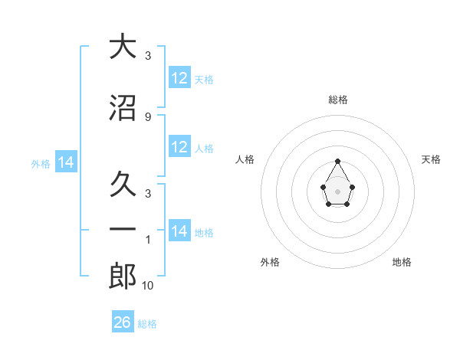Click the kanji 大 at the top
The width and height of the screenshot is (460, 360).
123,47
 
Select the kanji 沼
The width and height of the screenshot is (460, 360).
123,108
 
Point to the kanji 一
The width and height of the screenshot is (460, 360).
123,229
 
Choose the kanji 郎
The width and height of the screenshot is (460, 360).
123,277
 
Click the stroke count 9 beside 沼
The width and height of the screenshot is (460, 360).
147,116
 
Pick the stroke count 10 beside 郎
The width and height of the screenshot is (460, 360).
147,286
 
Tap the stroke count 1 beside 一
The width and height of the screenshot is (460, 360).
147,240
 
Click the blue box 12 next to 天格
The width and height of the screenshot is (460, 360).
179,78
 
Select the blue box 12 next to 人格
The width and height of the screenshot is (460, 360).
179,147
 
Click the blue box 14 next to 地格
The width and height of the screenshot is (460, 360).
179,231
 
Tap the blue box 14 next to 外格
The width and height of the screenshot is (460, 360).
66,162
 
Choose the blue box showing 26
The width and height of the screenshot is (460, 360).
123,322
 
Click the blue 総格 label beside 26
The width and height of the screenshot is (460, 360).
147,324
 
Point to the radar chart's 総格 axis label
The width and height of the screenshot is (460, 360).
338,100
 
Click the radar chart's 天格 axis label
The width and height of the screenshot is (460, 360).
431,159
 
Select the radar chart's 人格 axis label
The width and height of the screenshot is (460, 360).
245,159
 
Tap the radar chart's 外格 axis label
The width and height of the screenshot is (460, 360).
270,262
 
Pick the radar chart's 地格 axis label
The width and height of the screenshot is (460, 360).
402,262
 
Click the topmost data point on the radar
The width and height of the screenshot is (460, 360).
338,161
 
